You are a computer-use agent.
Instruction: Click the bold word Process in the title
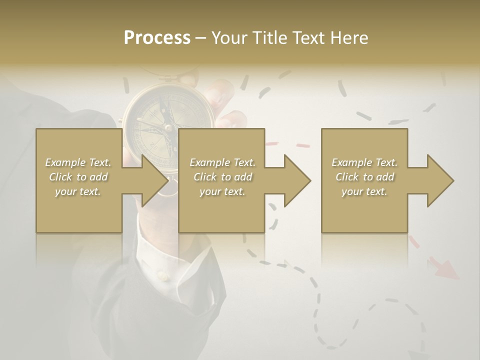pyautogui.click(x=157, y=38)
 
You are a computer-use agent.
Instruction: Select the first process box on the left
pyautogui.click(x=79, y=210)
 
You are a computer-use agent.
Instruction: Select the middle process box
pyautogui.click(x=221, y=210)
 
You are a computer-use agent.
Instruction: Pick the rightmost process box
pyautogui.click(x=364, y=210)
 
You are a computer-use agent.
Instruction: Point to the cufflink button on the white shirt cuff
pyautogui.click(x=161, y=274)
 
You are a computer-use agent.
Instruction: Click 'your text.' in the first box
pyautogui.click(x=78, y=191)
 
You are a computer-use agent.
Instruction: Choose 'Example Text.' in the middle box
pyautogui.click(x=222, y=162)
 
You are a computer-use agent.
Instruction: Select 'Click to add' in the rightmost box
pyautogui.click(x=365, y=177)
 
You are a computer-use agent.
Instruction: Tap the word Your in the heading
pyautogui.click(x=228, y=38)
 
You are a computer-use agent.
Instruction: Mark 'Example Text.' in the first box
pyautogui.click(x=78, y=162)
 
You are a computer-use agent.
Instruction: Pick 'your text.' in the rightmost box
pyautogui.click(x=364, y=191)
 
